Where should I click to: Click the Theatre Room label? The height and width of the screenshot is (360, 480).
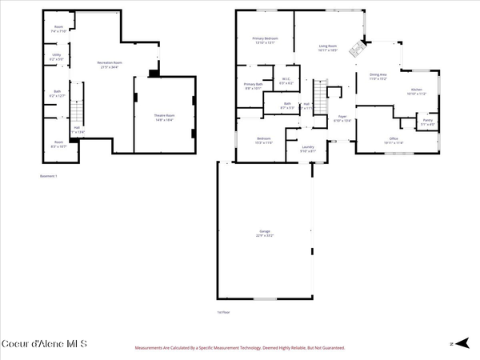[x=164, y=117]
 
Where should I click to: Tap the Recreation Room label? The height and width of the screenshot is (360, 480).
[x=110, y=63]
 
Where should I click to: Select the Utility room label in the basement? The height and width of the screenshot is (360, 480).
[x=56, y=58]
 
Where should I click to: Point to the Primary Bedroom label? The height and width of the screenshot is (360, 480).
[x=265, y=40]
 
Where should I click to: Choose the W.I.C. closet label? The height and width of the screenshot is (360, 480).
[x=286, y=80]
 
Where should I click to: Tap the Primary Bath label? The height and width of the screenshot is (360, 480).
[x=254, y=86]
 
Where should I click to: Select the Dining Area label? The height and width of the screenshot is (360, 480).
[x=378, y=78]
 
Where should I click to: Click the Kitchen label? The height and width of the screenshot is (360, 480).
[x=416, y=92]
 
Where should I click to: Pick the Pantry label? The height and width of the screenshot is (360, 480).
[x=427, y=123]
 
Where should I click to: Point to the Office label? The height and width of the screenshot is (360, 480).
[x=394, y=141]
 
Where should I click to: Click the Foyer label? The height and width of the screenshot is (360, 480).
[x=342, y=118]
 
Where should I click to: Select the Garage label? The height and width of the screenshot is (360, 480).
[x=265, y=234]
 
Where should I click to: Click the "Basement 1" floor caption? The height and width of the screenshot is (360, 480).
[x=49, y=176]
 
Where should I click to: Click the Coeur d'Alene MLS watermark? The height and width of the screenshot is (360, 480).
[x=45, y=343]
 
